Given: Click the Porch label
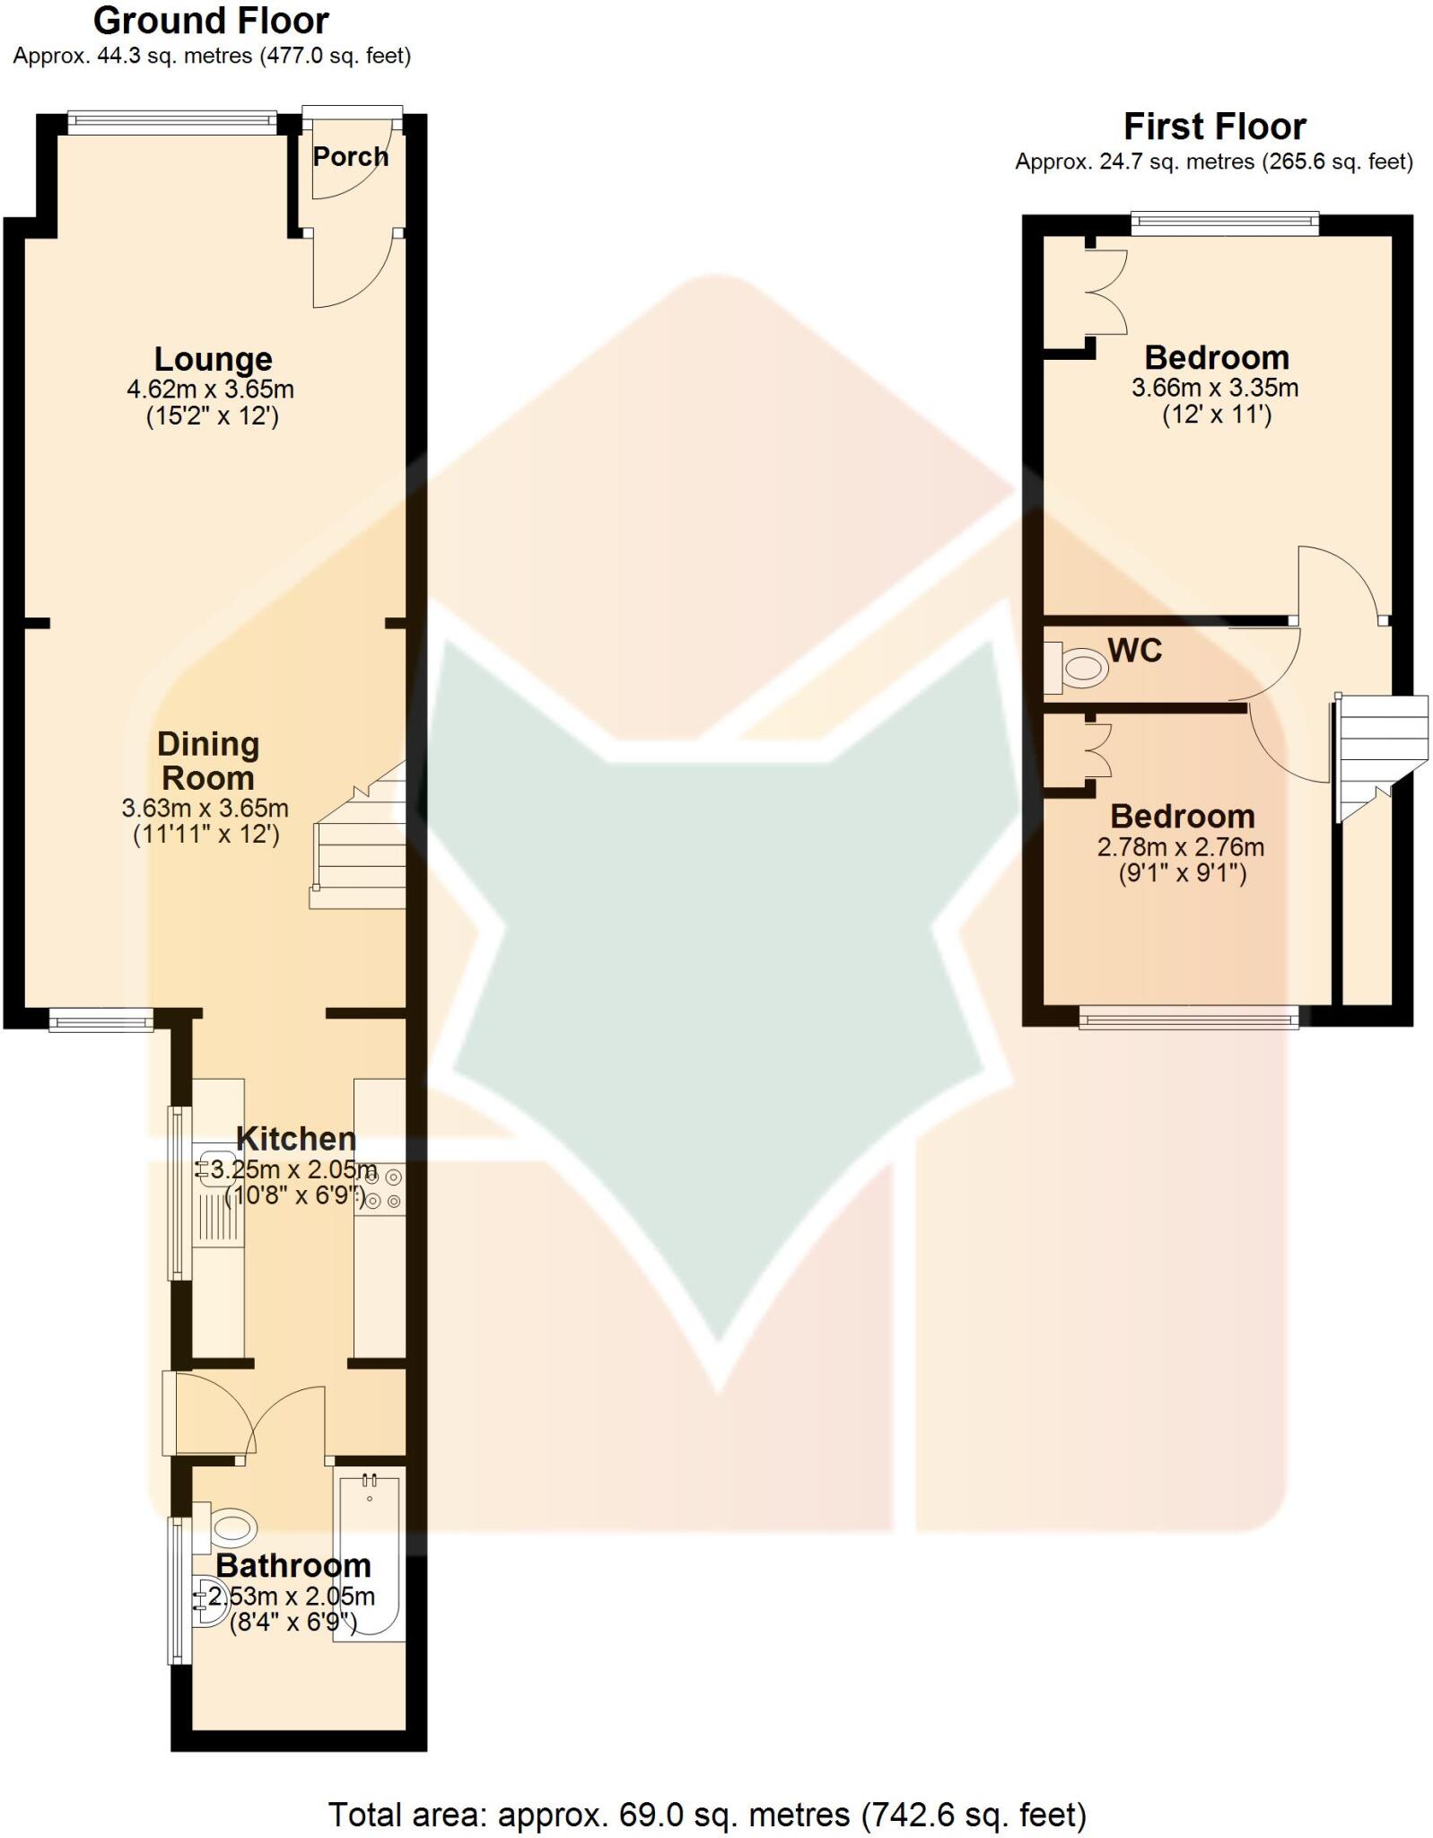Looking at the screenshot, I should (x=350, y=157).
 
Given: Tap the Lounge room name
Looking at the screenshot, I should (x=213, y=359).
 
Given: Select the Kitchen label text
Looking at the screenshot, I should (x=296, y=1139).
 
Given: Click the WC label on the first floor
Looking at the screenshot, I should (x=1135, y=650).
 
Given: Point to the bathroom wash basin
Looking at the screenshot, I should (x=210, y=1603).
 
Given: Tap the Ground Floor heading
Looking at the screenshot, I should (x=211, y=21).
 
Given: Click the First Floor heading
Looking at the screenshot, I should (x=1214, y=127).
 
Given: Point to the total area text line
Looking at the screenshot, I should (x=707, y=1807).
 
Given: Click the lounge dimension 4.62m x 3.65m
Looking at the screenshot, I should (x=211, y=389).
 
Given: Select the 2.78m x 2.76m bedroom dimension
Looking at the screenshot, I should (x=1181, y=846).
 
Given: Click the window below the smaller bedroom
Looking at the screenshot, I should (x=1188, y=1017).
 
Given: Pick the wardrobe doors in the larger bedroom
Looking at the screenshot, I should (x=1109, y=291).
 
